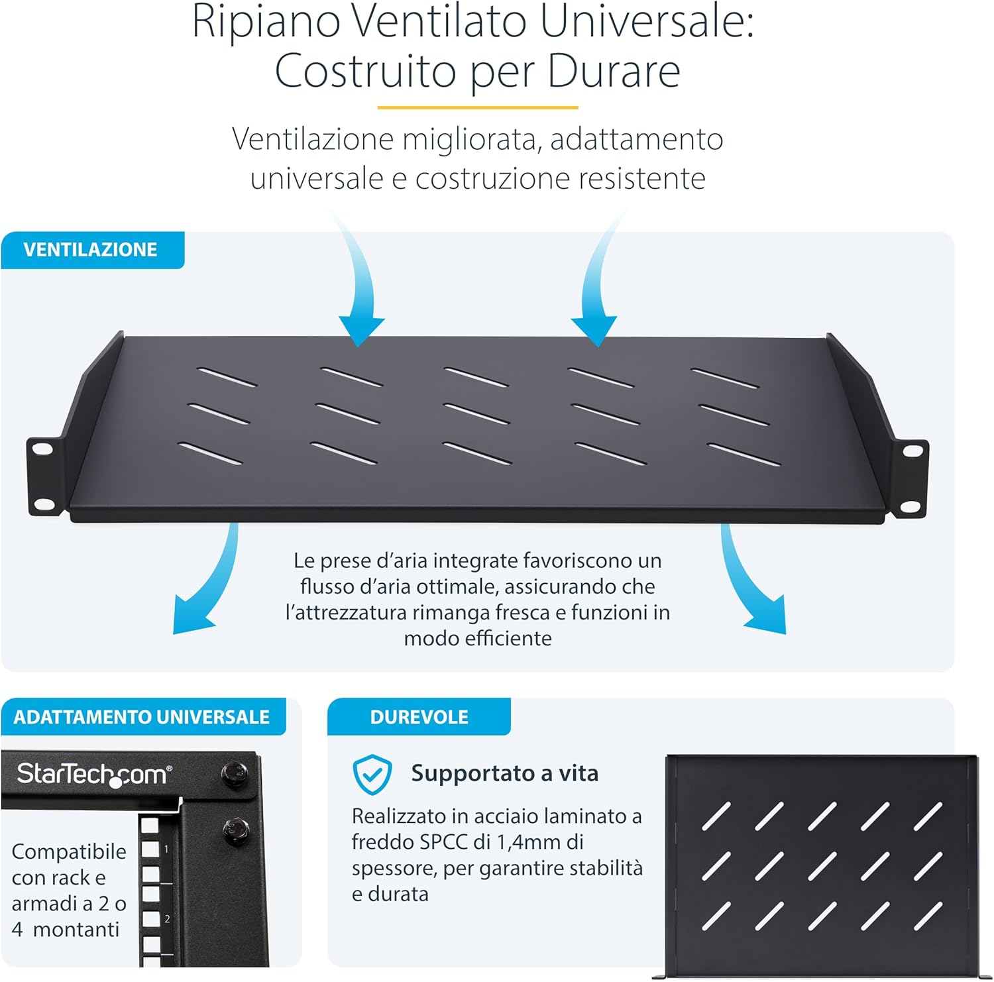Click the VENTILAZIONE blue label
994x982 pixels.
click(91, 250)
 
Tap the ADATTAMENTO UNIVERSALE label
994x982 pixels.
click(142, 717)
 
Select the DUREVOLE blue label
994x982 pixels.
click(419, 717)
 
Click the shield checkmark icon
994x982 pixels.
click(372, 774)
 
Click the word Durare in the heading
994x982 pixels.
click(614, 71)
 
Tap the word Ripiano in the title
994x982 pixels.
click(266, 22)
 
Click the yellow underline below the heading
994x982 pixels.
click(477, 107)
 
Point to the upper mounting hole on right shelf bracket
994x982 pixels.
click(912, 451)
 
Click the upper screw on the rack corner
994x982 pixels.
click(234, 772)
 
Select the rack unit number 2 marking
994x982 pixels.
click(167, 919)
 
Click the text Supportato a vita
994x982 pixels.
click(504, 773)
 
